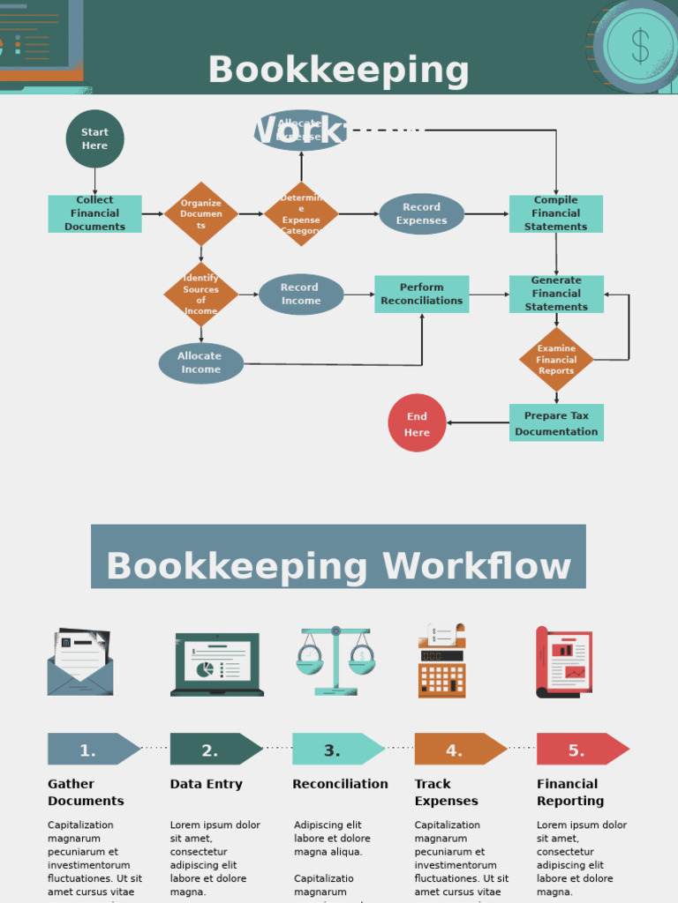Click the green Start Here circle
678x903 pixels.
pyautogui.click(x=94, y=138)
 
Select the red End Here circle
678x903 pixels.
pyautogui.click(x=417, y=423)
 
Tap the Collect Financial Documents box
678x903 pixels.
pyautogui.click(x=94, y=213)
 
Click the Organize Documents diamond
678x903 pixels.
pyautogui.click(x=201, y=213)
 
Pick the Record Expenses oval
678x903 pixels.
pyautogui.click(x=421, y=214)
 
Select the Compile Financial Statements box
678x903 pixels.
pyautogui.click(x=555, y=213)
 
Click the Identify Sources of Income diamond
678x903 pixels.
pyautogui.click(x=201, y=295)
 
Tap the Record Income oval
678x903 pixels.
pyautogui.click(x=301, y=295)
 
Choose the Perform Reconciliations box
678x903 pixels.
pyautogui.click(x=421, y=294)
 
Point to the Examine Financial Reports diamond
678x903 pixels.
pyautogui.click(x=556, y=360)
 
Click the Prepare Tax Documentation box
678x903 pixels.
pyautogui.click(x=556, y=423)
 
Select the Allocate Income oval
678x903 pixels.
pyautogui.click(x=200, y=363)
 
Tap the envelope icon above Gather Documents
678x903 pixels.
pyautogui.click(x=79, y=663)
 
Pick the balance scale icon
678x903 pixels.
pyautogui.click(x=335, y=661)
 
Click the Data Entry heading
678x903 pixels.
pyautogui.click(x=206, y=784)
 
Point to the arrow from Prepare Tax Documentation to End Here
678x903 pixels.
pyautogui.click(x=478, y=423)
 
